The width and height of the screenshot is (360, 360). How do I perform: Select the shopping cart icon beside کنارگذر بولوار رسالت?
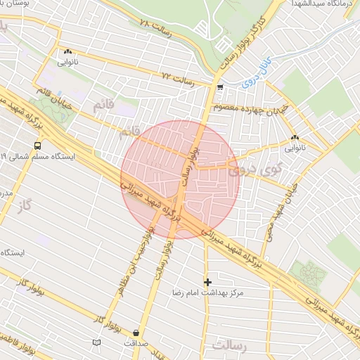coord(221,88)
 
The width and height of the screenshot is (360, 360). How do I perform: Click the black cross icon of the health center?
coord(207,281)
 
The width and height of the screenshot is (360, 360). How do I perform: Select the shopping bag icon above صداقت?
coord(136,333)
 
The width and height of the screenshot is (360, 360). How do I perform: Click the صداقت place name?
coord(136,343)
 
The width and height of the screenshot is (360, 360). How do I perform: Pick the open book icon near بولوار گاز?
coord(96,342)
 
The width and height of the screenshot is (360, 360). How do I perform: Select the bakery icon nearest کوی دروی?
coord(295,138)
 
